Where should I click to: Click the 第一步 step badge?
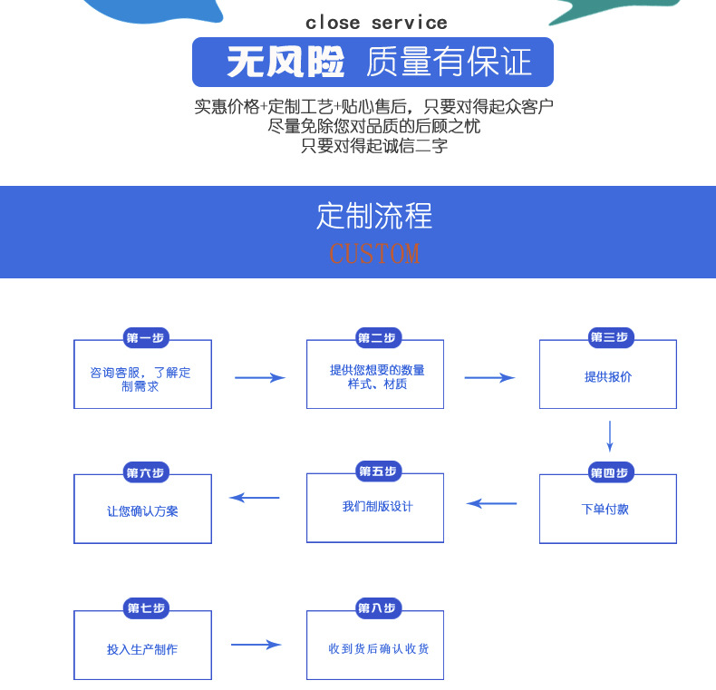coord(145,338)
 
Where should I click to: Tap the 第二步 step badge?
coord(377,338)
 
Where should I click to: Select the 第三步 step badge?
coord(609,337)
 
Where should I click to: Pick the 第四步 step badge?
coord(609,472)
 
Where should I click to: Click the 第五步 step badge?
coord(377,471)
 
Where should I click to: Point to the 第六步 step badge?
coord(145,472)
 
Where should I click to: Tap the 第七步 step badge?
coord(145,608)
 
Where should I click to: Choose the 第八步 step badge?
coord(377,608)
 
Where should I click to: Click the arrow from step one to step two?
coord(260,377)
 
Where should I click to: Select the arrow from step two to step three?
coord(489,377)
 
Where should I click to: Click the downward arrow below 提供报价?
coord(610,435)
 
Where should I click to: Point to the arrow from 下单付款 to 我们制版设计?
coord(491,503)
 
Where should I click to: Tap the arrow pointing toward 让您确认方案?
coord(255,497)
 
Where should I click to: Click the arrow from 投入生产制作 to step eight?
coord(256,645)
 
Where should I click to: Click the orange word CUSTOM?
coord(374,252)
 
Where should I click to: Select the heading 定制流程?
coord(374,216)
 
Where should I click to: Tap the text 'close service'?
coord(376,23)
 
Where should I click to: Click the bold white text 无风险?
coord(286,63)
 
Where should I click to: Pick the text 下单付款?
coord(605,510)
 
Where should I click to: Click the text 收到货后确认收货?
coord(379,648)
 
